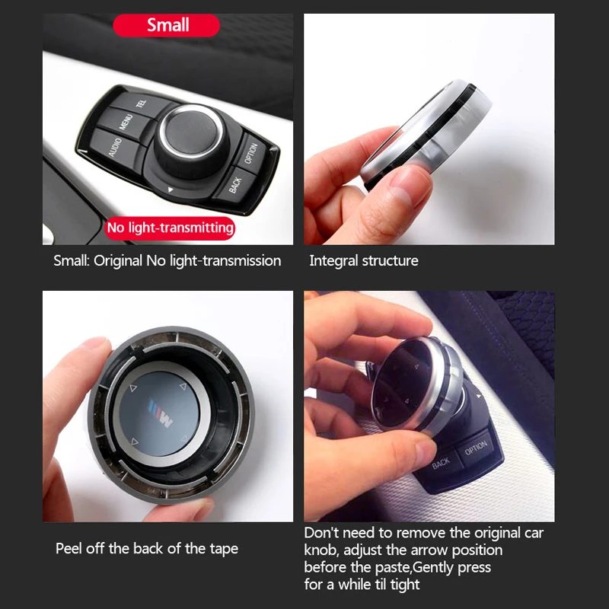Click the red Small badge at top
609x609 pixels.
pyautogui.click(x=167, y=25)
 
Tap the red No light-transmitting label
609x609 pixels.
pyautogui.click(x=170, y=228)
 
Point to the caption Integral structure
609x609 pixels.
pyautogui.click(x=363, y=261)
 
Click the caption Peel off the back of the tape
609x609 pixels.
pyautogui.click(x=147, y=548)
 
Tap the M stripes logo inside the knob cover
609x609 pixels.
pyautogui.click(x=162, y=416)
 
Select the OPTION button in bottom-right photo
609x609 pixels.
pyautogui.click(x=476, y=447)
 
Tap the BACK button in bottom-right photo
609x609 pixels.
pyautogui.click(x=442, y=461)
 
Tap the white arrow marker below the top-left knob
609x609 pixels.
pyautogui.click(x=171, y=190)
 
